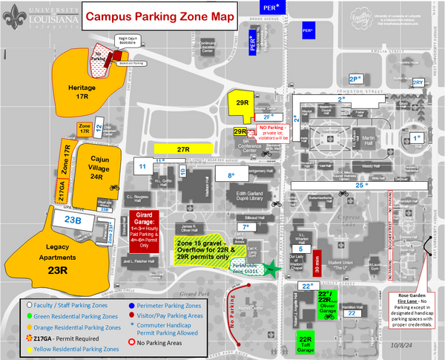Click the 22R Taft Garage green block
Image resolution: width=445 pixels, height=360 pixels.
[x=306, y=342]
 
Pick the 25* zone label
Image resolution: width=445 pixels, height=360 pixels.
[x=360, y=184]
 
